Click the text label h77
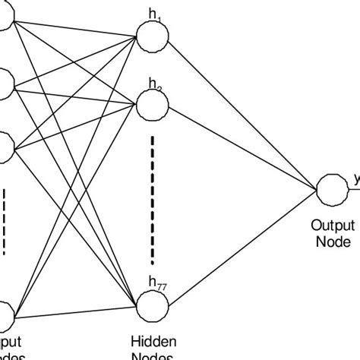click(159, 286)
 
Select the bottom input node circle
click(4, 311)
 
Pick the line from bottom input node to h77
click(76, 309)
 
